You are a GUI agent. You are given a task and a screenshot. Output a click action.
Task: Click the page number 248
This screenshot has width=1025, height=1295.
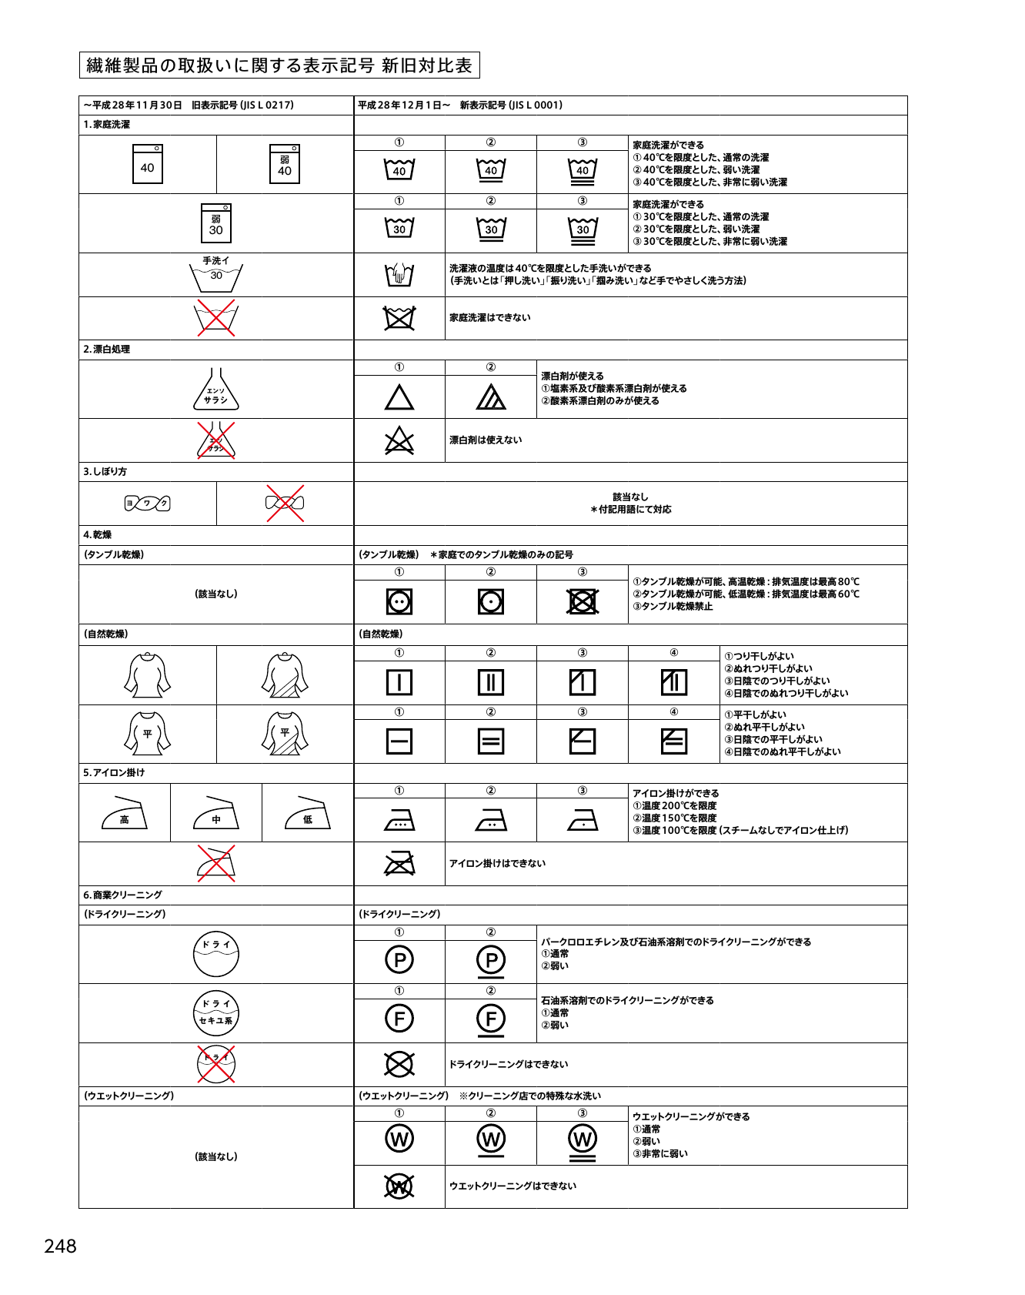pos(60,1246)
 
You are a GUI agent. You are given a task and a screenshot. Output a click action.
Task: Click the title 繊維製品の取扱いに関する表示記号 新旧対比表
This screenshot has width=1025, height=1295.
pos(279,65)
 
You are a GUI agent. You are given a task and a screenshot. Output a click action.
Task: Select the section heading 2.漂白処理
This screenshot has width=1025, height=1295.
pos(107,350)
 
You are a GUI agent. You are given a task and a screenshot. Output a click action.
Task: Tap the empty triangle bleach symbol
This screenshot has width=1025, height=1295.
pos(399,397)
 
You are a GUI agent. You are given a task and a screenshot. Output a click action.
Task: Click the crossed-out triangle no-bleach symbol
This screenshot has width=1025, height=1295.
pos(399,440)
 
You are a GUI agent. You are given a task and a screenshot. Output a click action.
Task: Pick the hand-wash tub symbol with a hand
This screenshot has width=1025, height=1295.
pos(399,274)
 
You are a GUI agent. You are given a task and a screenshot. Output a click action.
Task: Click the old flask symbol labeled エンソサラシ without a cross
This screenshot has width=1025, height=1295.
pos(216,390)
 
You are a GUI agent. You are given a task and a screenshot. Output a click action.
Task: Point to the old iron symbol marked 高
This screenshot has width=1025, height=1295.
pos(125,814)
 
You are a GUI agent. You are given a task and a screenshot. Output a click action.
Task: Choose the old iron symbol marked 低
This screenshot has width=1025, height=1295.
pos(308,814)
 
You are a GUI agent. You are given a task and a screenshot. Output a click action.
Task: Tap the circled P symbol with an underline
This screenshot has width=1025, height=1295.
pos(491,961)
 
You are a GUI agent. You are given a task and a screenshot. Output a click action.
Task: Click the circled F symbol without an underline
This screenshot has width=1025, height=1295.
pos(399,1019)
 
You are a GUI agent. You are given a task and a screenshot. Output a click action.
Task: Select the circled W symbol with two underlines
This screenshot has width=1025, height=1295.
pos(583,1141)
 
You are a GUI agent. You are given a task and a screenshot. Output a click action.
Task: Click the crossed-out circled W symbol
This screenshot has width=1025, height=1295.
pos(399,1186)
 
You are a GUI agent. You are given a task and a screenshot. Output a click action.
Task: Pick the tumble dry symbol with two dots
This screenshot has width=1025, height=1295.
pos(399,601)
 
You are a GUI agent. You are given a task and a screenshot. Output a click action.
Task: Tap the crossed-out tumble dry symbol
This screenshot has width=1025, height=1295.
pos(583,601)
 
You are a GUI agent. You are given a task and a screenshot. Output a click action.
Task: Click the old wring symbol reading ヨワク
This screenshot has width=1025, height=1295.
pos(148,504)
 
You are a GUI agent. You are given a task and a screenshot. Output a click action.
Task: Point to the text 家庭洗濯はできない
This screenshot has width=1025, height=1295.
pos(490,318)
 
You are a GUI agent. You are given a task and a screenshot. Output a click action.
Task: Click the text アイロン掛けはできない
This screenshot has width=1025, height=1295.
pos(497,864)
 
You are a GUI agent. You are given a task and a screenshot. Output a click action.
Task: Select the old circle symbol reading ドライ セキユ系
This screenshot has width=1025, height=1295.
pos(216,1012)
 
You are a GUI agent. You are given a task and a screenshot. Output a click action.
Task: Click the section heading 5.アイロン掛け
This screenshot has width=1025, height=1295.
pos(114,773)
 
